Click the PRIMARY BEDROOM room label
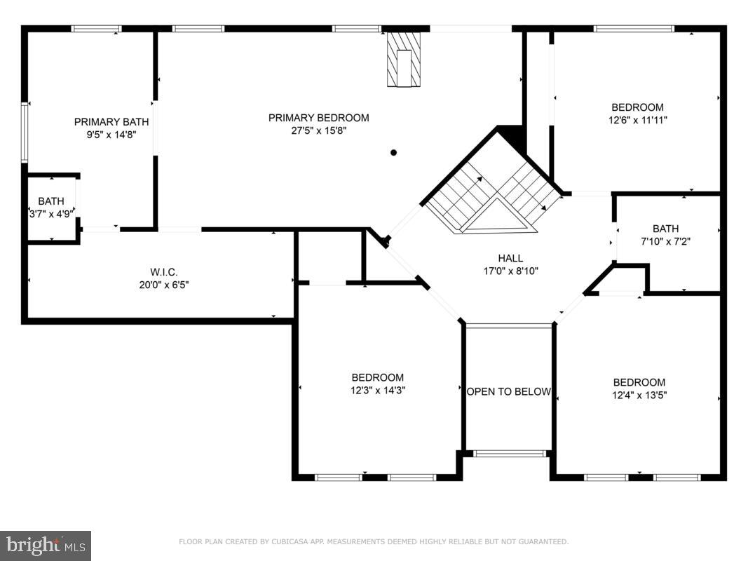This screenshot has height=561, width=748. pos(318,118)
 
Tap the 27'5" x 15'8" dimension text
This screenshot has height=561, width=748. pos(318,130)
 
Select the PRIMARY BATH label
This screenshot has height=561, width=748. pos(111,122)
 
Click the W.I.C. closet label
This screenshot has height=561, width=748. pos(159,272)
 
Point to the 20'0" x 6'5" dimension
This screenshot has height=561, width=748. pos(159,285)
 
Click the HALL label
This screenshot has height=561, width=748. pos(510,258)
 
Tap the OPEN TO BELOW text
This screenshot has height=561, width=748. pos(509,391)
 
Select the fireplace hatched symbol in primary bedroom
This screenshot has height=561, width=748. pos(404,60)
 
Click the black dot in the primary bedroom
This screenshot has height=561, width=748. pos(393,152)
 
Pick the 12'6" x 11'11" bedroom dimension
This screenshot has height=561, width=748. pos(637,120)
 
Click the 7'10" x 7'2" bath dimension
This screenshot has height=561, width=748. pos(665,241)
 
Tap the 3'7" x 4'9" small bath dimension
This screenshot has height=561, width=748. pos(51,214)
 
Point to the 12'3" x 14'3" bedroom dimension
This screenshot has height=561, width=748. pos(377,391)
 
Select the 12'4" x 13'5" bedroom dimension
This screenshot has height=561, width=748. pos(639,395)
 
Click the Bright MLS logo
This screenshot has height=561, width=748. pos(46,545)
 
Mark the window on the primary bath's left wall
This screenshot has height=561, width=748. pos(25,133)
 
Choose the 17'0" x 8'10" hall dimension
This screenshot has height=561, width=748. pos(510,271)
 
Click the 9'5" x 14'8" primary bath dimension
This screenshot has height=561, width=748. pos(111,135)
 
